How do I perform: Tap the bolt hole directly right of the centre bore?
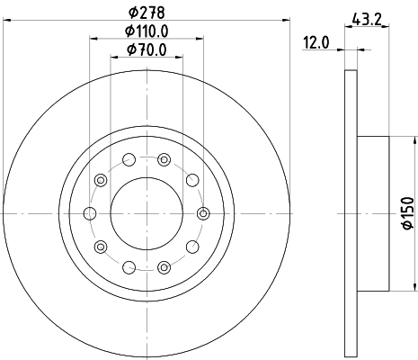(x=203, y=213)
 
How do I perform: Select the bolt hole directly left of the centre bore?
(x=89, y=213)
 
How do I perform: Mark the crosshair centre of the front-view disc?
(x=146, y=213)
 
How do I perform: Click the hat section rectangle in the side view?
(x=373, y=213)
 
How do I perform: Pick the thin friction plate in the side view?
(x=351, y=213)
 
